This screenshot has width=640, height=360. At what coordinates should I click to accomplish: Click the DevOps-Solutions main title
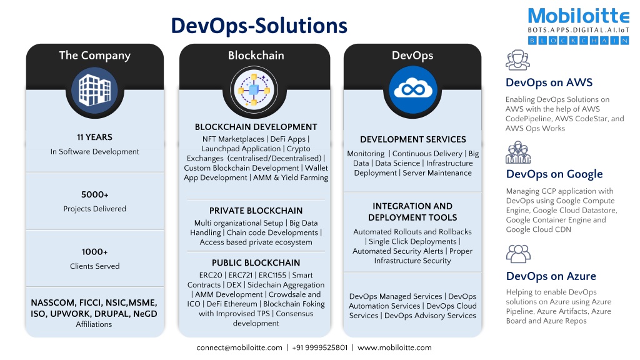pos(259,26)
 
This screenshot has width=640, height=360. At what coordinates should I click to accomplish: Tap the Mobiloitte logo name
pos(578,16)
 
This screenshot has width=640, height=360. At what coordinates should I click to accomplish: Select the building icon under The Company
pos(95,90)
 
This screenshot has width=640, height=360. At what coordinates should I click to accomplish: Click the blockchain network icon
pos(254,89)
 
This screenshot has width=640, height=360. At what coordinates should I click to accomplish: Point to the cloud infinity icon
pos(412,89)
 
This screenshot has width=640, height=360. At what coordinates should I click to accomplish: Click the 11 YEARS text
pos(95,137)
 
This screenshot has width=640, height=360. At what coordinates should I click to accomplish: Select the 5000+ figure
pos(95,195)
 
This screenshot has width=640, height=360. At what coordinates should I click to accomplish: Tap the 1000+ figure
pos(95,252)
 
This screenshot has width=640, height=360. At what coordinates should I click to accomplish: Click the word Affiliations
pos(94,324)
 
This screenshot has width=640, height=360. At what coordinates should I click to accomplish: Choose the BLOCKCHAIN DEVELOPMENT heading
pos(256,127)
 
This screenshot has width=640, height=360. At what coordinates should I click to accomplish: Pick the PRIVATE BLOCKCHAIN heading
pos(256,211)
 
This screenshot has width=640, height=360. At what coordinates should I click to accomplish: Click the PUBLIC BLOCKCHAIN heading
pos(256,263)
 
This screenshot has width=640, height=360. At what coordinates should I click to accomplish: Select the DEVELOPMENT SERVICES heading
pos(413,139)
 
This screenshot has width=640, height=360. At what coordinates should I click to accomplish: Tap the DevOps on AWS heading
pos(549,82)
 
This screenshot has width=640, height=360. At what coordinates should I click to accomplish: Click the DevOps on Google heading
pos(554,174)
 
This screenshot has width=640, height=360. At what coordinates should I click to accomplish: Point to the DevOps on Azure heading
pos(551,276)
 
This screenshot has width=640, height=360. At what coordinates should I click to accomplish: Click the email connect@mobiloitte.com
pos(239,347)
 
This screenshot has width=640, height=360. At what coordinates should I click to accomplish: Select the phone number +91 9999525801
pos(320,347)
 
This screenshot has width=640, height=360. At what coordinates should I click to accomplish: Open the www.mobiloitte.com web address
pos(395,347)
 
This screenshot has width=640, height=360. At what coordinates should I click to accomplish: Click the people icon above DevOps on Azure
pos(518,254)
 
